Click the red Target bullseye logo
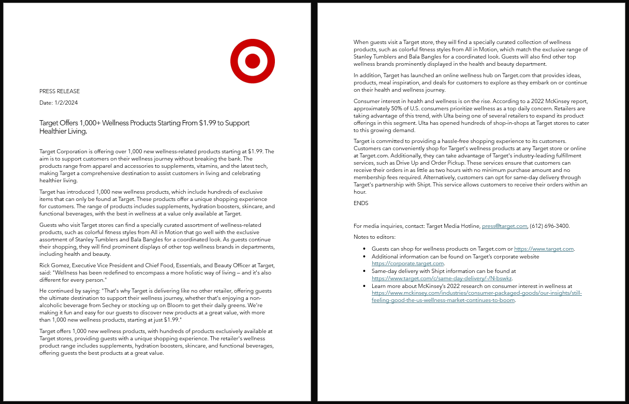click(x=252, y=61)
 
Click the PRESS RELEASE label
click(x=60, y=91)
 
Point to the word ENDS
click(x=361, y=203)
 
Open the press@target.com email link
click(x=504, y=226)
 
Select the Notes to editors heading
click(x=374, y=237)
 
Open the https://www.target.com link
click(x=544, y=249)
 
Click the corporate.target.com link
click(x=407, y=263)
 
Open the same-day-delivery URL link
click(x=442, y=278)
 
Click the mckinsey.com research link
click(x=476, y=293)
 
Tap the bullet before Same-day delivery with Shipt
click(x=365, y=271)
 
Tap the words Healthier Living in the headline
click(x=63, y=131)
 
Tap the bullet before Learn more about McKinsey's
click(x=365, y=286)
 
